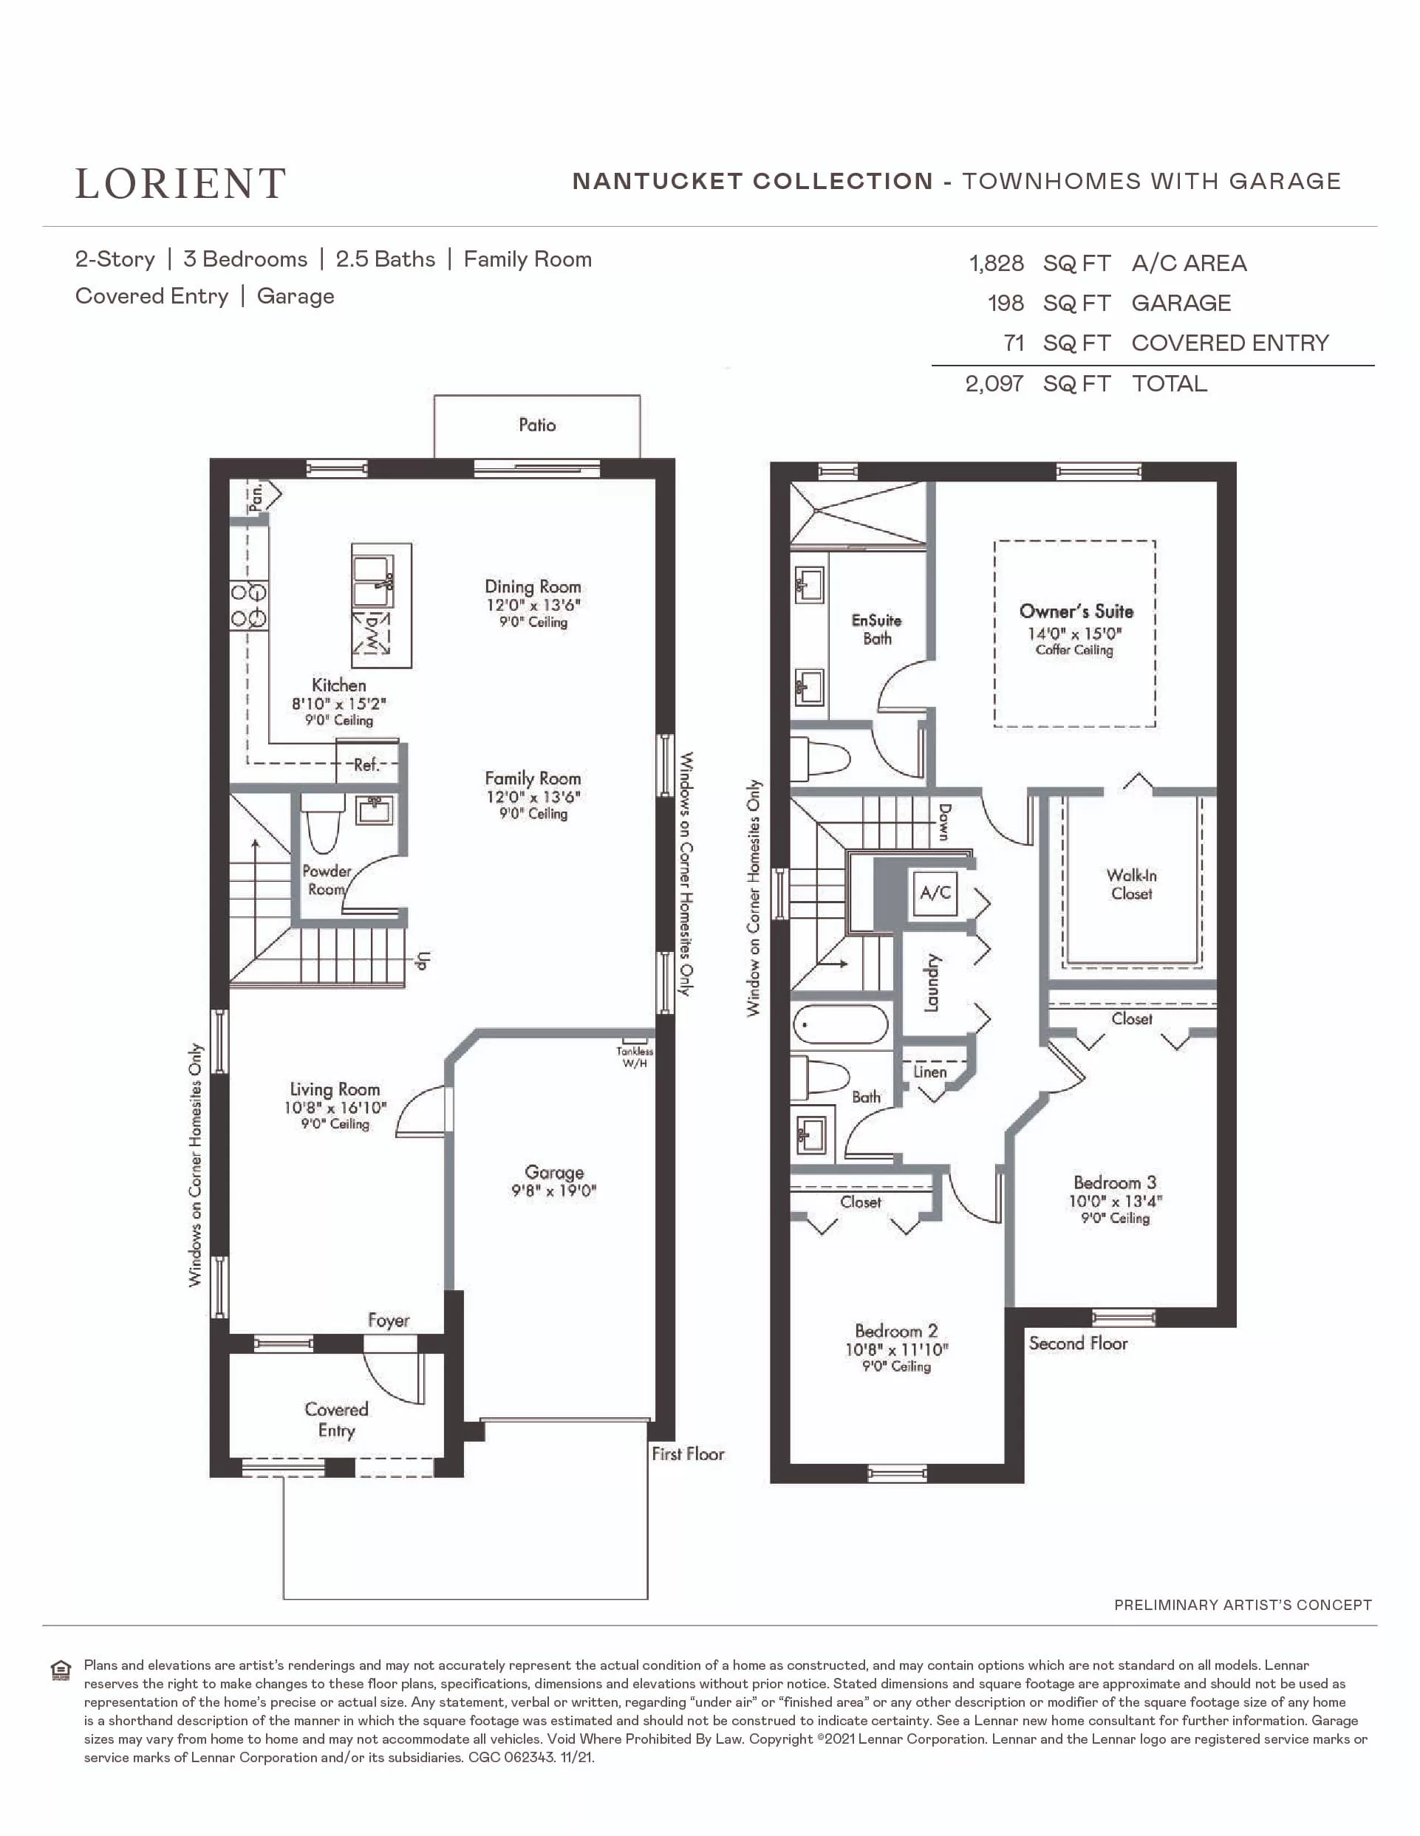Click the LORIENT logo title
point(181,183)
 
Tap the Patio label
point(537,425)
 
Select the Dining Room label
point(533,586)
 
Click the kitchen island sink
point(372,581)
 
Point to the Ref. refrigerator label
point(366,764)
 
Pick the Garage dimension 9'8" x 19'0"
point(554,1191)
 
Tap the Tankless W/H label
point(635,1057)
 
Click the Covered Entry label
point(336,1420)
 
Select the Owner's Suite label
point(1076,612)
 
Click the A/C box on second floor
point(935,893)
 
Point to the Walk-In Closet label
point(1132,884)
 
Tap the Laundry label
point(932,983)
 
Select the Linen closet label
point(930,1072)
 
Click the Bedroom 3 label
point(1115,1182)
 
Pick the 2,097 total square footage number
point(994,383)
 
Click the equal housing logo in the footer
point(61,1670)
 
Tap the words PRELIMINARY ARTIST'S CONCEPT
point(1243,1605)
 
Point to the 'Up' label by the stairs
point(423,961)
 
